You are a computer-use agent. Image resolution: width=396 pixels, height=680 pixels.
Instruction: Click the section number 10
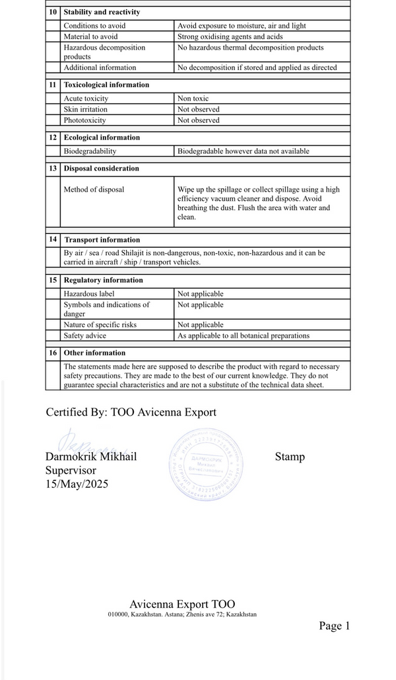click(x=53, y=12)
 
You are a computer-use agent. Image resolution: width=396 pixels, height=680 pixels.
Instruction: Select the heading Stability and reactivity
click(x=102, y=12)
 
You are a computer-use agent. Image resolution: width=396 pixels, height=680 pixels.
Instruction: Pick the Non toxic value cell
click(x=193, y=98)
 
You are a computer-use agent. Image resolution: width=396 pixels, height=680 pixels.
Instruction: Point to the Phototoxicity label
click(x=85, y=120)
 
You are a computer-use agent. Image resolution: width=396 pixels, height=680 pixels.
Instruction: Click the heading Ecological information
click(x=102, y=137)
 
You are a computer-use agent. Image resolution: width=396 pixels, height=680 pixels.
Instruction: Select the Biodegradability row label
click(x=90, y=151)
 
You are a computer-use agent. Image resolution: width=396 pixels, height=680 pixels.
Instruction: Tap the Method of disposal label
click(x=94, y=190)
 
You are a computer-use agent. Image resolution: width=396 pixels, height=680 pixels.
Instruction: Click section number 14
click(x=53, y=239)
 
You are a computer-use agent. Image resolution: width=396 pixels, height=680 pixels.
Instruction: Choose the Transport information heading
click(x=102, y=240)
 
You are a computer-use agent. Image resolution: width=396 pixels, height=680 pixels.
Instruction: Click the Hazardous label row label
click(x=89, y=293)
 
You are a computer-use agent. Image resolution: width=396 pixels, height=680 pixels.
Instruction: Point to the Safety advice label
click(x=84, y=336)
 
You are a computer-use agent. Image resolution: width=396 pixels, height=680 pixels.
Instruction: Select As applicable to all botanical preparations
click(x=244, y=336)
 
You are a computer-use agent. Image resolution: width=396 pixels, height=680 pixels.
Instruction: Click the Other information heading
click(x=94, y=353)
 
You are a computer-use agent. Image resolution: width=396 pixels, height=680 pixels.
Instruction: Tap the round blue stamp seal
click(x=205, y=462)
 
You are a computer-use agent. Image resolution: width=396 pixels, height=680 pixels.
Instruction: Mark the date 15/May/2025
click(x=77, y=484)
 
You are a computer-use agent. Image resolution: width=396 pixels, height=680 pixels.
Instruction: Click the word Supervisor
click(x=71, y=471)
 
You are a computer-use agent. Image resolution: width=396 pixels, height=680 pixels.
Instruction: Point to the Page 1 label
click(x=334, y=626)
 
